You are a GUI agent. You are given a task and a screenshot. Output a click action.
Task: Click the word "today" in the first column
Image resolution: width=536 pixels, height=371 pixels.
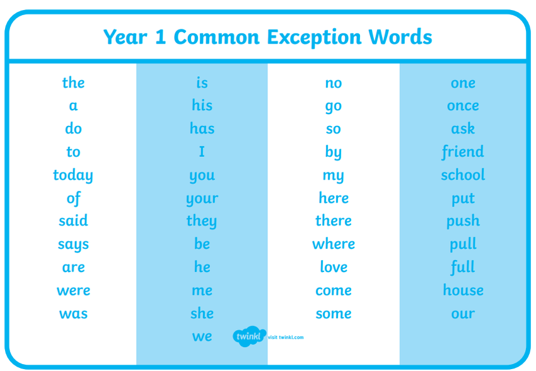point(73,176)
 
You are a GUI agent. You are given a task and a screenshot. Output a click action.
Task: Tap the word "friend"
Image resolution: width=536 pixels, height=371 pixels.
point(463,152)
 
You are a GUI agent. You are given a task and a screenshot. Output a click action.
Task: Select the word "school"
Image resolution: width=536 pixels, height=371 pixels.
point(463,174)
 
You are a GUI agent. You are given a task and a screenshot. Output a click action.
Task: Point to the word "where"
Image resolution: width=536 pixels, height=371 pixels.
point(334,244)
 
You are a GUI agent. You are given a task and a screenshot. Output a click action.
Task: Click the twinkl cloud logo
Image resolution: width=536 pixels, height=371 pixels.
point(249,336)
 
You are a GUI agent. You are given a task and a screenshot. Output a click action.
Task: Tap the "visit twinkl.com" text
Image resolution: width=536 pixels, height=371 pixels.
point(286,337)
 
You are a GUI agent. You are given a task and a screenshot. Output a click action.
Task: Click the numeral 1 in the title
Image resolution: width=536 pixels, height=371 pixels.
point(160,37)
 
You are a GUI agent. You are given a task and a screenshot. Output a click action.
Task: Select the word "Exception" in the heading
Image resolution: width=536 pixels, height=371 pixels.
point(314,38)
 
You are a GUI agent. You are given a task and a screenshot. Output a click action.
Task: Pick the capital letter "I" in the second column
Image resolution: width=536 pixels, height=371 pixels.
point(202,152)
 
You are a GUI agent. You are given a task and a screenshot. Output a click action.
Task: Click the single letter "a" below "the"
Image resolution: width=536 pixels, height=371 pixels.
point(73,106)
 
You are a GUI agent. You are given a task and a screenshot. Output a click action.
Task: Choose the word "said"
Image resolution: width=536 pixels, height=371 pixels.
point(73,220)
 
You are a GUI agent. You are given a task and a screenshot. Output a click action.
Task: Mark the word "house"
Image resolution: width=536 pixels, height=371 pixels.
point(463,290)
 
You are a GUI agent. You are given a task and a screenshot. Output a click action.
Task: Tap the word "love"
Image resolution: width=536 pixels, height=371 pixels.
point(334,266)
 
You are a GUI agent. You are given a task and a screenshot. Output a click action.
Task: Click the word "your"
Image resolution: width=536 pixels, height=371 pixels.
point(202,199)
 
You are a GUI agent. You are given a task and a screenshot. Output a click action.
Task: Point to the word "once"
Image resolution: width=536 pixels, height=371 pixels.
point(463,106)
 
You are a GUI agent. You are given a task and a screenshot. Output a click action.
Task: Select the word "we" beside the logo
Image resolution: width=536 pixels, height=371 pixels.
point(202,336)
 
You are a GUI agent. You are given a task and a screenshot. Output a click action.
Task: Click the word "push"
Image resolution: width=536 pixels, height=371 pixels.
point(463,221)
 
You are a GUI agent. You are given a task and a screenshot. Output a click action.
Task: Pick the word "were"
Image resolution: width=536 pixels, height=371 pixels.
point(74,290)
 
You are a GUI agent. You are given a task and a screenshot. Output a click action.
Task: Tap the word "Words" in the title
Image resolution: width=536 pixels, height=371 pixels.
point(400,37)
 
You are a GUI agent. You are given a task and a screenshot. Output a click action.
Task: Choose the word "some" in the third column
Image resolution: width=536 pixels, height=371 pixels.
point(334,314)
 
